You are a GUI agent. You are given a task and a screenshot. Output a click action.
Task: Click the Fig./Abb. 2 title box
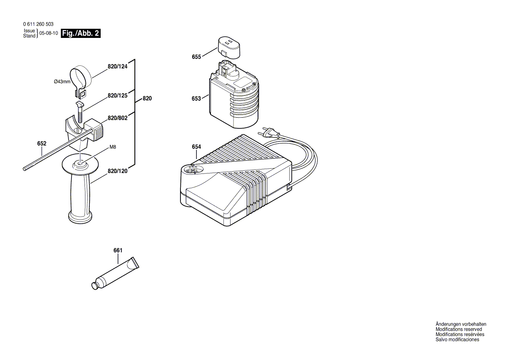click(x=81, y=34)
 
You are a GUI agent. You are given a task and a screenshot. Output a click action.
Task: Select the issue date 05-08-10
click(x=48, y=34)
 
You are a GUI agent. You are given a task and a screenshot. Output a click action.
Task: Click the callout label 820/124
click(x=117, y=67)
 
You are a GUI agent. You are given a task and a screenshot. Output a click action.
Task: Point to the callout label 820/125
click(x=117, y=95)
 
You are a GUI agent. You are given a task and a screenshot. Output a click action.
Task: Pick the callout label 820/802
click(x=117, y=118)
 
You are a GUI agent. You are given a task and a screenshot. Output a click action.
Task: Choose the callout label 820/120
click(x=117, y=171)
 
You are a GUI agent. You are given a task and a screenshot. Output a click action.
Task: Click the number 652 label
click(x=42, y=143)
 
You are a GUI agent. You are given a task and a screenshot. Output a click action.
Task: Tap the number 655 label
click(x=196, y=57)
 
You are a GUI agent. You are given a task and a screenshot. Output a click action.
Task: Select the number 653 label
click(x=196, y=98)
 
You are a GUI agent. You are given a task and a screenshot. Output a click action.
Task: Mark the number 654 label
click(x=196, y=147)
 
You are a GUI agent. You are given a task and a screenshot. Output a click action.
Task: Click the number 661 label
click(x=118, y=250)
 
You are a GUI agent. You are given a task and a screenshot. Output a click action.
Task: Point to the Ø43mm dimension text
click(x=62, y=82)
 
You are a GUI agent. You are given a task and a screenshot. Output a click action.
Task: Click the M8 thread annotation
click(x=112, y=147)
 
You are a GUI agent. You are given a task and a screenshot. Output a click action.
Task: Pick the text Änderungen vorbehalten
click(x=461, y=324)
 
